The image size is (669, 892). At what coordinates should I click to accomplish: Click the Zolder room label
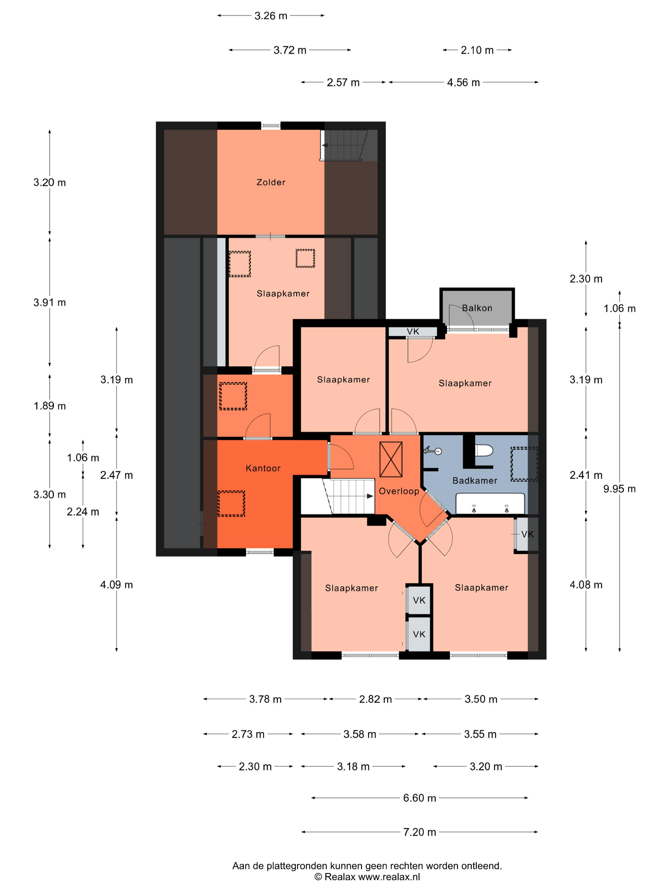point(270,182)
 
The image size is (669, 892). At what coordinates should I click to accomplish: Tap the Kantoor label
point(263,468)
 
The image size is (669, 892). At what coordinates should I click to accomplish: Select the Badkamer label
point(475,481)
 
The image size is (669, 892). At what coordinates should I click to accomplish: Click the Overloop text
point(399,491)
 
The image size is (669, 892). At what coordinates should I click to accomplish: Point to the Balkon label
point(477,308)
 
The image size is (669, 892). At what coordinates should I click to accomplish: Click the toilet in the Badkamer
point(484,450)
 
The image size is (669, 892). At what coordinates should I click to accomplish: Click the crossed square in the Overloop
point(391,459)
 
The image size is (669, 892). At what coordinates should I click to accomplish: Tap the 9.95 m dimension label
point(619,489)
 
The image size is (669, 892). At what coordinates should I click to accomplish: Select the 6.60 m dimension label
point(420,798)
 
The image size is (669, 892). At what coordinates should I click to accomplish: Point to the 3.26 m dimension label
point(270,16)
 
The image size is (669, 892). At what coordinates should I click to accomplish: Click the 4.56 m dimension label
point(463,83)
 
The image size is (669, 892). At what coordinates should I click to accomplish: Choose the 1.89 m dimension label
point(50,406)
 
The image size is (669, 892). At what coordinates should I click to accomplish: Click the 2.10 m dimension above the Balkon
point(477,50)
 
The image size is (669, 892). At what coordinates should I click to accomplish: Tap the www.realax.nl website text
point(389,877)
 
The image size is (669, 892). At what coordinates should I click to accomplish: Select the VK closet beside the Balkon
point(413,332)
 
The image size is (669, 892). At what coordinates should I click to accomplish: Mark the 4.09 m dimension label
point(117,585)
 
